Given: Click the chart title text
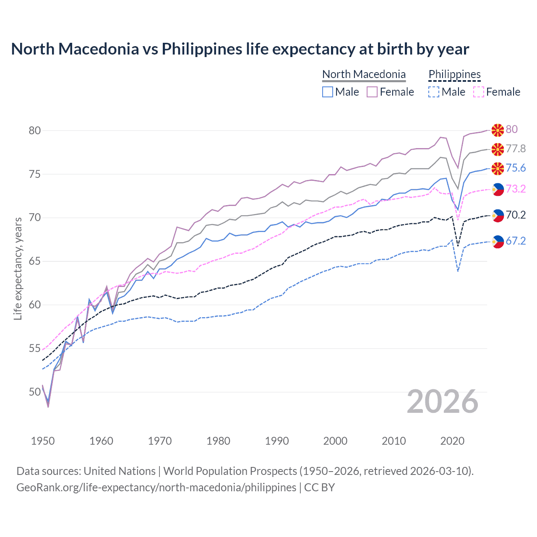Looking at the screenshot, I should point(240,49).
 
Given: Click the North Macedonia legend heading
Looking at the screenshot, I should point(364,74).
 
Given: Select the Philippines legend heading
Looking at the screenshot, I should point(454,74).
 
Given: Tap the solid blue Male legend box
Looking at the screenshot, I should point(328,92).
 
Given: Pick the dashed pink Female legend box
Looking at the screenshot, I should point(479,92).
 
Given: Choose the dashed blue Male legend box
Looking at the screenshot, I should point(434,92).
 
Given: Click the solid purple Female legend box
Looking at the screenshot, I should point(372,92).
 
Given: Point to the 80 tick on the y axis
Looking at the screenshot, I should point(35,130).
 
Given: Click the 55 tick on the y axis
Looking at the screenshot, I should point(35,348).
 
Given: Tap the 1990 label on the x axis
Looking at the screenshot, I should point(277,441).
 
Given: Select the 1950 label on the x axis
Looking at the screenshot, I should point(43,441).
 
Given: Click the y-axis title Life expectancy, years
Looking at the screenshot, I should point(18,268).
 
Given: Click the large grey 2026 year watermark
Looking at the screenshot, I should point(442,401).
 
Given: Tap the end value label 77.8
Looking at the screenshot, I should point(516,149).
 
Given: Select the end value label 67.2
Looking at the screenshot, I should point(516,241).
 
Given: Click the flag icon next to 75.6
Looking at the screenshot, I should point(498,169).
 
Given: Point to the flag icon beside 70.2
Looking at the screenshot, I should point(498,216).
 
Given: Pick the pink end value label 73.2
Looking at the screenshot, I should point(516,189).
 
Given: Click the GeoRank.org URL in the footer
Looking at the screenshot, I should point(156,487).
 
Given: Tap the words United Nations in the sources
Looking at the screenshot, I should point(120,471).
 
